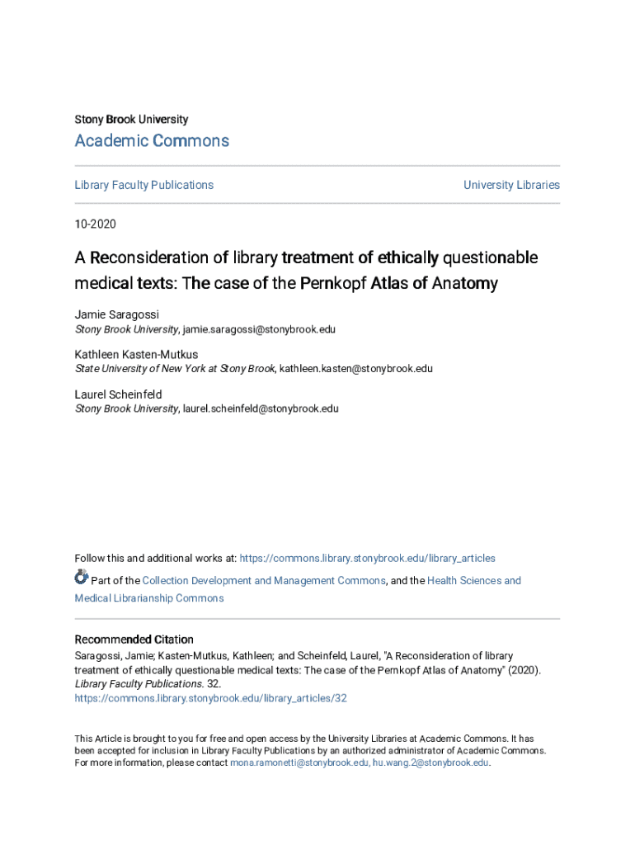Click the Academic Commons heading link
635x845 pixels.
click(152, 141)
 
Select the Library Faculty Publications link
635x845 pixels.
click(143, 185)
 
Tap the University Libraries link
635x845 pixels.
click(511, 185)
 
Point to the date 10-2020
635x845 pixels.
click(96, 224)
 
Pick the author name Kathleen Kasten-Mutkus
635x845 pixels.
click(136, 355)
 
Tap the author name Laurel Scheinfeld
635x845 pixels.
click(118, 394)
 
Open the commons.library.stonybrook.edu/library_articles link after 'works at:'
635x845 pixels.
click(367, 559)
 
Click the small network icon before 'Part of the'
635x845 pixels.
click(81, 578)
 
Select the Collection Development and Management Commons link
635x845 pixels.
click(264, 581)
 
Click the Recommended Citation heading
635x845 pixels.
click(134, 640)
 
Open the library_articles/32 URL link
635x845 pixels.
click(210, 698)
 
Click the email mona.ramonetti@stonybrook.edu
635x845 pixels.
click(299, 763)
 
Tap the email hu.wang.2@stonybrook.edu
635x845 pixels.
click(430, 763)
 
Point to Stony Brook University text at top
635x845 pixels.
click(131, 120)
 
